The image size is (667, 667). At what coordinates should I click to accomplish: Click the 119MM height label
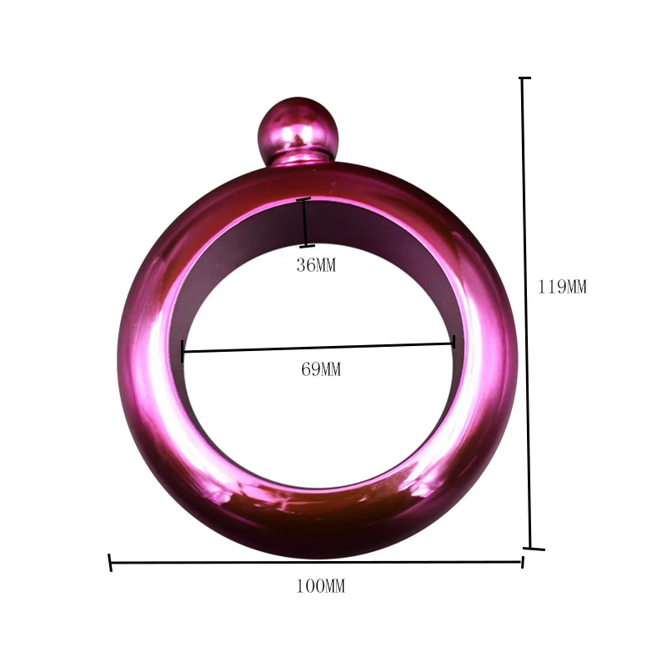click(x=562, y=288)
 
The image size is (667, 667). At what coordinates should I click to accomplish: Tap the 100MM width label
click(x=320, y=587)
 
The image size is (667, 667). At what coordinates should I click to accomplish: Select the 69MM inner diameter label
click(x=321, y=369)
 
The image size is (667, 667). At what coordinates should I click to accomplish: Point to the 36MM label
click(x=316, y=266)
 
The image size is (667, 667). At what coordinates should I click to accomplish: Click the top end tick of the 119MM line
click(x=524, y=78)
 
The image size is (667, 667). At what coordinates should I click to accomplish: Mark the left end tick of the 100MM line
click(x=110, y=563)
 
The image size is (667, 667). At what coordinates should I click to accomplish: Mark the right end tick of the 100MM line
click(x=522, y=561)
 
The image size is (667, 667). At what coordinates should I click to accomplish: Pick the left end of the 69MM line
click(x=183, y=351)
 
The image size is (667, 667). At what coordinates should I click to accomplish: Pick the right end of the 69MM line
click(x=453, y=342)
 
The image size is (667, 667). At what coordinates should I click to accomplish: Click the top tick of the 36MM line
click(x=304, y=199)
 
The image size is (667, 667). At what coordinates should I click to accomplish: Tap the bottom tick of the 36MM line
click(x=307, y=245)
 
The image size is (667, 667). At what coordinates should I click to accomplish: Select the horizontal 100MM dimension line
click(x=317, y=562)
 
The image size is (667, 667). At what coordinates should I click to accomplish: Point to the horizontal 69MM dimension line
click(x=317, y=347)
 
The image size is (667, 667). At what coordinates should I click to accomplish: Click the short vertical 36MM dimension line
click(x=305, y=223)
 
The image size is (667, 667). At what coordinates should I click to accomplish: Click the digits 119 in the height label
click(x=552, y=288)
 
